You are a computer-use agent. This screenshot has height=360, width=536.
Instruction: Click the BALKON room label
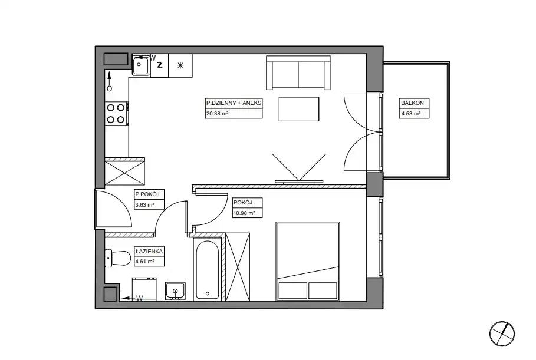click(x=412, y=103)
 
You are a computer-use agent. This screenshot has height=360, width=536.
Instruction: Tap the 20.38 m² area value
click(x=217, y=114)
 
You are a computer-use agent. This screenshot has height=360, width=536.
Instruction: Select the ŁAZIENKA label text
click(x=149, y=252)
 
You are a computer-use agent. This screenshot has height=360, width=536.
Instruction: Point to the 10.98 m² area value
click(x=244, y=213)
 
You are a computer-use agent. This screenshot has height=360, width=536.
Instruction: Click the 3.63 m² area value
click(x=144, y=205)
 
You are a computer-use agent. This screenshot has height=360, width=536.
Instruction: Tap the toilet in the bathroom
click(x=118, y=258)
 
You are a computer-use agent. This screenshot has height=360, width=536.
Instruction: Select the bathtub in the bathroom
click(x=208, y=269)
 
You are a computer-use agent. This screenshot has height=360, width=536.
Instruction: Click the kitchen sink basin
click(x=141, y=65)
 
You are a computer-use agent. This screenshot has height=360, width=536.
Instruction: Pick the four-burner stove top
click(x=116, y=114)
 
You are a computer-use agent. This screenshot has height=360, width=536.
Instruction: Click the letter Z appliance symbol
click(x=159, y=65)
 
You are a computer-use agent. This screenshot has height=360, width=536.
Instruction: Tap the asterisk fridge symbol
click(x=180, y=65)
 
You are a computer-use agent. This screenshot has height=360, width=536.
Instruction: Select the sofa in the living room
click(x=298, y=72)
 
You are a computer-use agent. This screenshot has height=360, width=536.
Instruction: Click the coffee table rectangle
click(x=299, y=109)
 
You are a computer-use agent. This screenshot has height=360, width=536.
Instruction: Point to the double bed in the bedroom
click(x=308, y=261)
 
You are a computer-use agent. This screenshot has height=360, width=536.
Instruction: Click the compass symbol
click(x=502, y=333)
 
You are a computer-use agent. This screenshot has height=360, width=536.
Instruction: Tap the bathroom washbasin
click(x=175, y=291)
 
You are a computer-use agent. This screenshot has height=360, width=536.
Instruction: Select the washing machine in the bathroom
click(x=144, y=289)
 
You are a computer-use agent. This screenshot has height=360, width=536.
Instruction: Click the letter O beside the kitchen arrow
click(x=110, y=89)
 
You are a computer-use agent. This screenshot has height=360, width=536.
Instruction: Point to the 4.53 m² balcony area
click(x=410, y=114)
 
